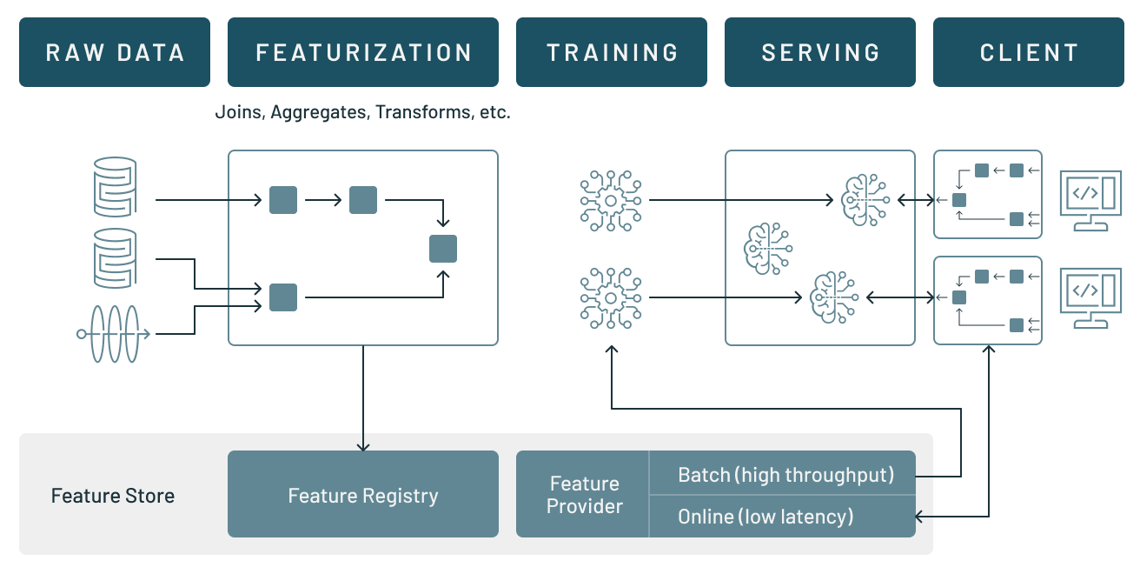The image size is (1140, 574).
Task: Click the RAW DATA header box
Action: pos(115,52)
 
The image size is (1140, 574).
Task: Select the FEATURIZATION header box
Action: pos(363,52)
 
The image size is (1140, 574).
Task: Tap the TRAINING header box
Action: pos(612,52)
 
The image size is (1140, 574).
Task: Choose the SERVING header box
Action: pos(820,52)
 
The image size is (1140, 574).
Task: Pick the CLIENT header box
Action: pos(1029,52)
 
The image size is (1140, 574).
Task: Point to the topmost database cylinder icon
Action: pos(115,185)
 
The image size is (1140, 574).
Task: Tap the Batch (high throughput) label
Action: pos(785,475)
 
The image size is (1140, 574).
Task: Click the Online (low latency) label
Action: pos(766,517)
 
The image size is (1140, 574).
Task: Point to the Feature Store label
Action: pos(113,496)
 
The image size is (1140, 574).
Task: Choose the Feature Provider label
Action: pos(585,495)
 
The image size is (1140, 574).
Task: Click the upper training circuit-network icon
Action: pos(611,201)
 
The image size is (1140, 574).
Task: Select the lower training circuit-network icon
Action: pos(611,298)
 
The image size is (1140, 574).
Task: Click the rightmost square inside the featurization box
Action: pos(443,249)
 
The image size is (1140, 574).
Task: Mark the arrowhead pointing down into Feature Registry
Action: pos(363,445)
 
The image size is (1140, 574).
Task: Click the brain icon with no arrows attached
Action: pos(767,248)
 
